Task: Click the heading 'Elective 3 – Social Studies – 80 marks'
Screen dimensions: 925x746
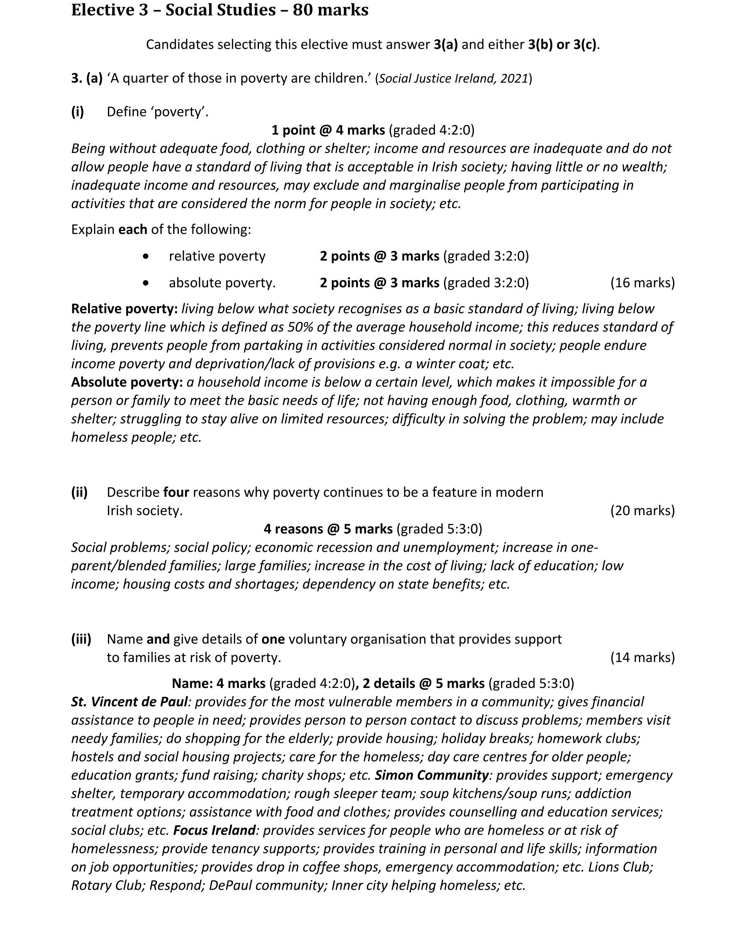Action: pyautogui.click(x=220, y=10)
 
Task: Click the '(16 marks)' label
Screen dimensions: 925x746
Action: pyautogui.click(x=643, y=283)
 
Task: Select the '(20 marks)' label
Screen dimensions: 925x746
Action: pyautogui.click(x=643, y=510)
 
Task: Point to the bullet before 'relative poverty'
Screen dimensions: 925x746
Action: pyautogui.click(x=146, y=256)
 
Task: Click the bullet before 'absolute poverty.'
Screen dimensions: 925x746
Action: pyautogui.click(x=146, y=283)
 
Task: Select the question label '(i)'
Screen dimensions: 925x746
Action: pyautogui.click(x=78, y=112)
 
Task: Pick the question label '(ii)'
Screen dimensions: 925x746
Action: pyautogui.click(x=79, y=492)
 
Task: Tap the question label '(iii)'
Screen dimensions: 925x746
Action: pyautogui.click(x=81, y=639)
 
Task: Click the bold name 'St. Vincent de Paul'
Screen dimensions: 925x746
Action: pyautogui.click(x=129, y=701)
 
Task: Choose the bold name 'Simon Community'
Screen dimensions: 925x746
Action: pyautogui.click(x=431, y=775)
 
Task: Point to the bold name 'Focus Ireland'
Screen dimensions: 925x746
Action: pyautogui.click(x=214, y=830)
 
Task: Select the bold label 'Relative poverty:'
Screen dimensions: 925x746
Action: pyautogui.click(x=125, y=308)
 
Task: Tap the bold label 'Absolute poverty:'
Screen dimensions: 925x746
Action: pyautogui.click(x=127, y=382)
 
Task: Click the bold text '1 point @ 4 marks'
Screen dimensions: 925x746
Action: pyautogui.click(x=328, y=130)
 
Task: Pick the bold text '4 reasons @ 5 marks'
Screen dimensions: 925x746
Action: pyautogui.click(x=328, y=529)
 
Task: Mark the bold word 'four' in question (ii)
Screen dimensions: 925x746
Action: pyautogui.click(x=176, y=492)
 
